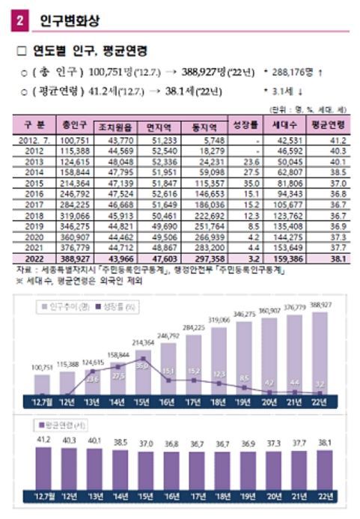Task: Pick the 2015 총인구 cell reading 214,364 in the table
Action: tap(75, 182)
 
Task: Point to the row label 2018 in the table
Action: tap(33, 213)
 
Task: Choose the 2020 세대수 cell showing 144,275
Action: tap(287, 234)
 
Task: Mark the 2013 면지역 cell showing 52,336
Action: tap(162, 161)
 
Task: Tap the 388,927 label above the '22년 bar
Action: tap(320, 306)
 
